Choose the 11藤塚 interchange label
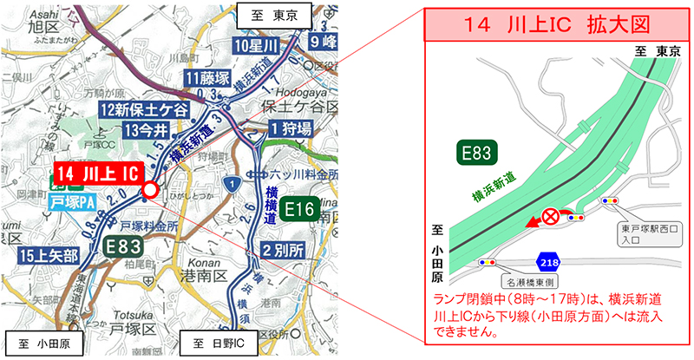pyautogui.click(x=207, y=80)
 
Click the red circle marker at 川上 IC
pyautogui.click(x=149, y=190)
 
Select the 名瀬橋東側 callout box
pyautogui.click(x=534, y=281)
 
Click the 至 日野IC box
pyautogui.click(x=217, y=343)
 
